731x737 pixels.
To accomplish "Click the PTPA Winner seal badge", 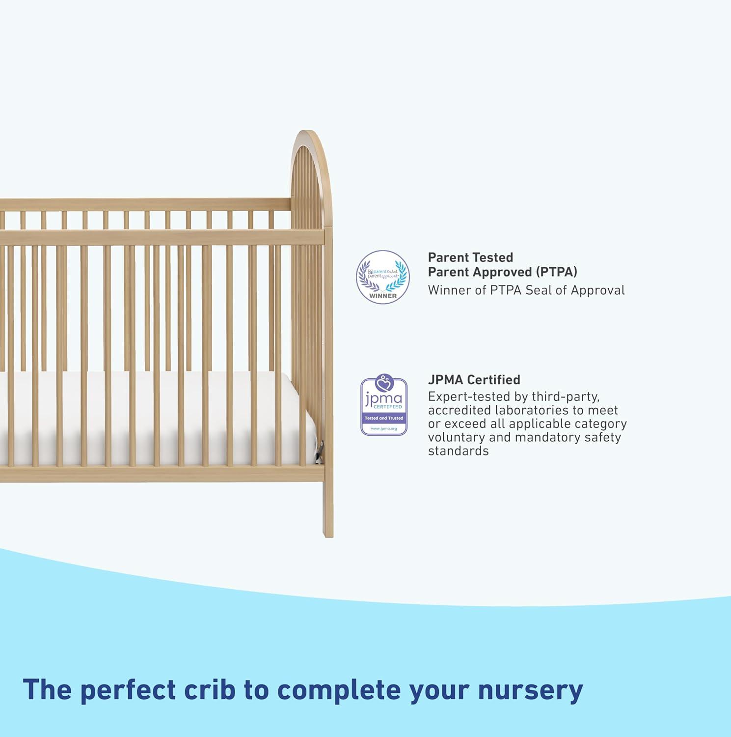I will [x=383, y=277].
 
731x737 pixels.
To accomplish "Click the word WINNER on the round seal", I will [x=383, y=296].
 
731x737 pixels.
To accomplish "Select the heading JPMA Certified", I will [x=474, y=380].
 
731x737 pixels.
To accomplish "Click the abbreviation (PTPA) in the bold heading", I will [x=556, y=272].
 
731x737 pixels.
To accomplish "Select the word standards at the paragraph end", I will [x=458, y=451].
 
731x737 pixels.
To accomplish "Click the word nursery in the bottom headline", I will [x=530, y=690].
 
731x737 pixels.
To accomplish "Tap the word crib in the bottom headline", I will [x=211, y=690].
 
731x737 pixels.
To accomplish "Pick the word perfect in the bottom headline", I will [x=128, y=690].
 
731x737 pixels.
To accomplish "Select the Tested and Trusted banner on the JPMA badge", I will [x=384, y=418].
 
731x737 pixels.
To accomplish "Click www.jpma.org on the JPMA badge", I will [x=384, y=428].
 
